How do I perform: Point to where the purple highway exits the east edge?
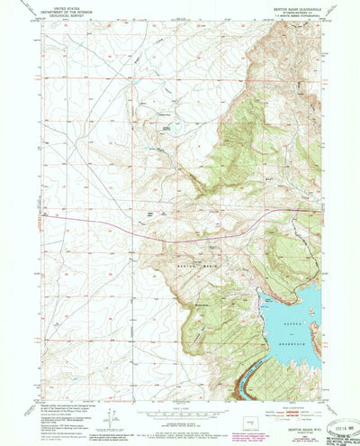[x=318, y=213]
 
